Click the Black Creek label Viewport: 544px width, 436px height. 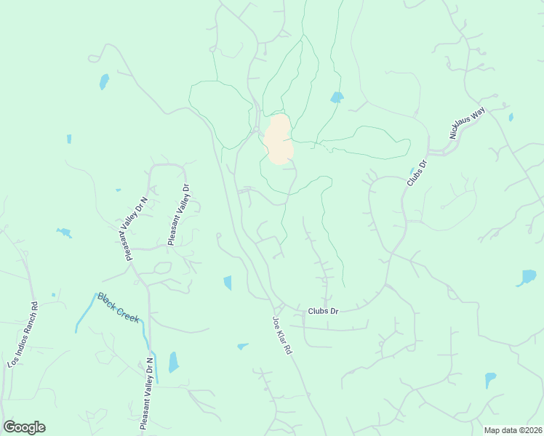(x=118, y=309)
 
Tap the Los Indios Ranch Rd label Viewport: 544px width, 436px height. (x=22, y=335)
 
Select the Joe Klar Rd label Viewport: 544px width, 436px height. (x=282, y=335)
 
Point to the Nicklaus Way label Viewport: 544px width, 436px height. (x=466, y=123)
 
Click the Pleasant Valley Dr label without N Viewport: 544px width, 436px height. (x=179, y=214)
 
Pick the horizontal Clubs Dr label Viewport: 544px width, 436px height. (x=323, y=311)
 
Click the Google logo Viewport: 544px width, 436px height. (x=24, y=427)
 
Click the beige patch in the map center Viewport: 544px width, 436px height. (x=279, y=140)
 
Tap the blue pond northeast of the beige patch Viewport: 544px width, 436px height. (x=337, y=97)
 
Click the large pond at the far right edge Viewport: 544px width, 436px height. (x=527, y=278)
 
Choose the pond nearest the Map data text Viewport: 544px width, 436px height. (x=490, y=380)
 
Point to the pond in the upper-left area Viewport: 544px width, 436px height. (x=104, y=81)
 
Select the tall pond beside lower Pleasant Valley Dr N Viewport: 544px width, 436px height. (x=173, y=361)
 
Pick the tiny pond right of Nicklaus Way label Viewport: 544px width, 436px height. (x=511, y=117)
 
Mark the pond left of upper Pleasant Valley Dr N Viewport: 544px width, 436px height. (x=65, y=233)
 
